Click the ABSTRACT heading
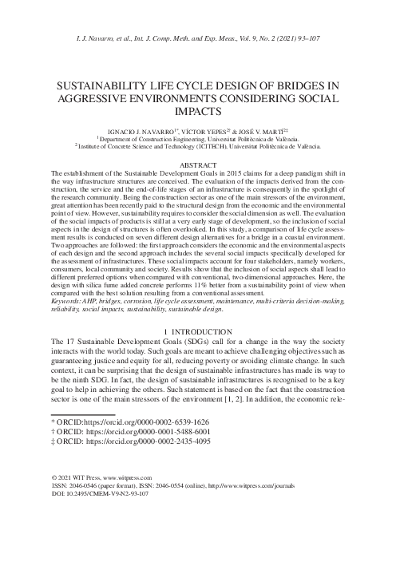tap(197, 164)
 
